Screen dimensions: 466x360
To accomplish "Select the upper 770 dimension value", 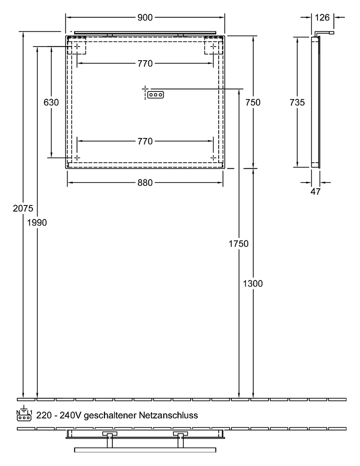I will point(145,64).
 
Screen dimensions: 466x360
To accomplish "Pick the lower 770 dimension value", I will point(145,142).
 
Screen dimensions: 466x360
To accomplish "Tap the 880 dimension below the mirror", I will point(145,183).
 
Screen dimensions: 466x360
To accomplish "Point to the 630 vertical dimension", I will point(51,103).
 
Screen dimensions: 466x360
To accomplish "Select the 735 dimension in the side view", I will point(297,103).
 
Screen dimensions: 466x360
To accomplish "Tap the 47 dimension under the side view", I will point(316,191).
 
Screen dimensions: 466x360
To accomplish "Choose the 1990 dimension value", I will point(37,222).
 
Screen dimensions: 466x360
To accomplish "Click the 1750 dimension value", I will point(239,243).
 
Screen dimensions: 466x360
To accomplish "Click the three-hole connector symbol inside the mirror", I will point(156,95).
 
